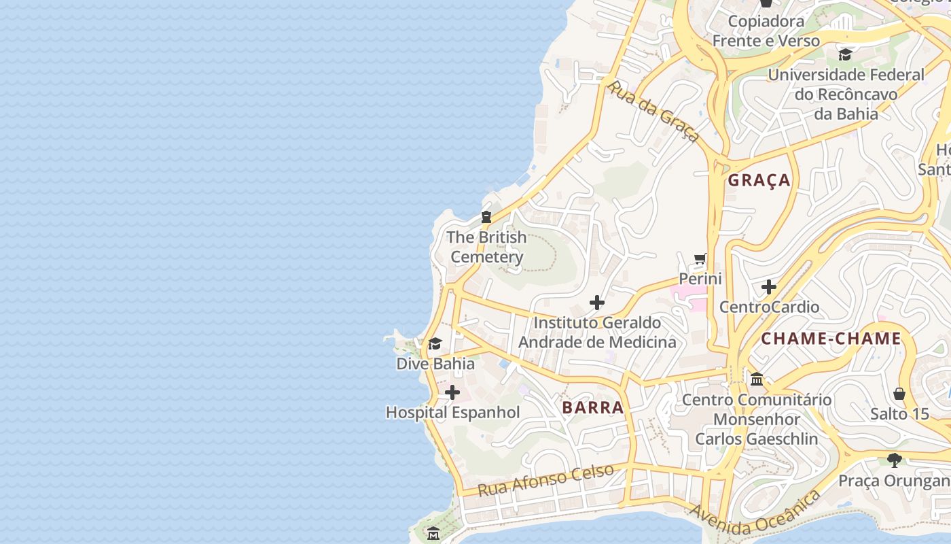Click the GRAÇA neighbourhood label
pyautogui.click(x=759, y=180)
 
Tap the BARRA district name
pyautogui.click(x=593, y=407)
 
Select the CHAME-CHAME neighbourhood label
pyautogui.click(x=831, y=339)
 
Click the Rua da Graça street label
pyautogui.click(x=653, y=112)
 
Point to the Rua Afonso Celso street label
pyautogui.click(x=545, y=479)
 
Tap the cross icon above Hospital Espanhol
pyautogui.click(x=452, y=392)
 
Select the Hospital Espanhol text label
pyautogui.click(x=452, y=412)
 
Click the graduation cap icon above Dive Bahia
pyautogui.click(x=435, y=343)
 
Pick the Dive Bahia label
pyautogui.click(x=435, y=363)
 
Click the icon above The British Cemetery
pyautogui.click(x=486, y=218)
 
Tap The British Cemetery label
pyautogui.click(x=486, y=247)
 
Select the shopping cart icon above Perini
pyautogui.click(x=700, y=259)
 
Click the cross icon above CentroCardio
pyautogui.click(x=769, y=287)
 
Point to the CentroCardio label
pyautogui.click(x=769, y=307)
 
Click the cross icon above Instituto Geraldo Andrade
pyautogui.click(x=597, y=303)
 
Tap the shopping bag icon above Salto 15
pyautogui.click(x=899, y=394)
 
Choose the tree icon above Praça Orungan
pyautogui.click(x=895, y=460)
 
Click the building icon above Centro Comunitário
pyautogui.click(x=757, y=379)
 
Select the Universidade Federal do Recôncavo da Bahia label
pyautogui.click(x=846, y=94)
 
